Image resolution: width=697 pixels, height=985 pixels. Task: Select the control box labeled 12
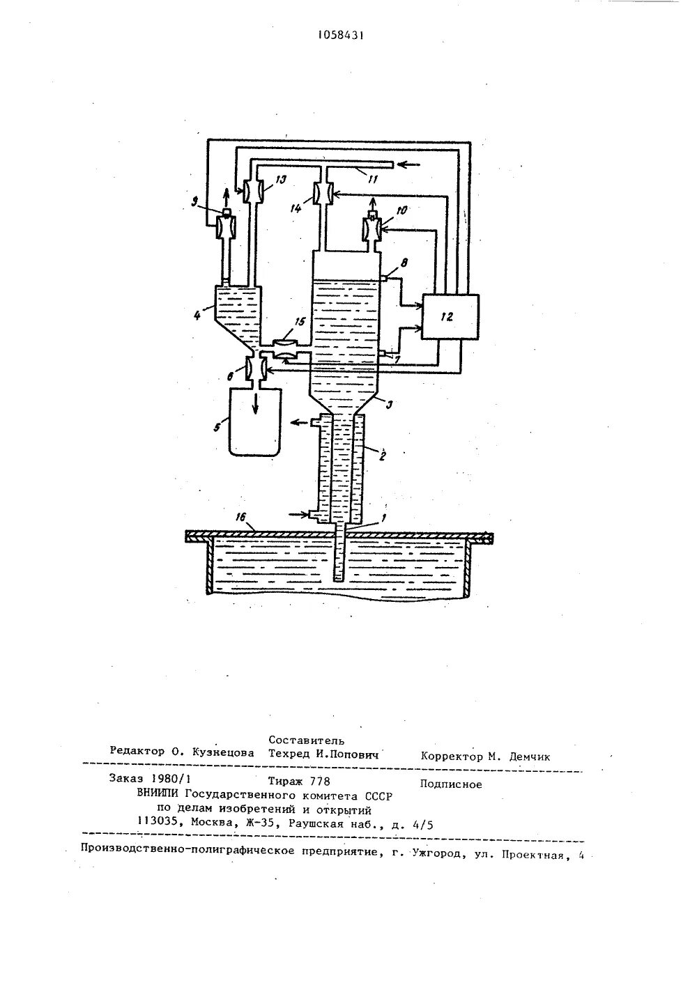click(x=450, y=316)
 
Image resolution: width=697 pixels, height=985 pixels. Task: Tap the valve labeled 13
click(x=253, y=189)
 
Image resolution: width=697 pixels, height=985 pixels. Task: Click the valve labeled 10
click(x=371, y=230)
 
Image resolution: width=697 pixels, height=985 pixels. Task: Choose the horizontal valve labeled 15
click(x=283, y=349)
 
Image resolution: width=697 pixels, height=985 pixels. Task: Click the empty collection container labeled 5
click(x=256, y=422)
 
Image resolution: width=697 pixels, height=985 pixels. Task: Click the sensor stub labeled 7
click(x=383, y=356)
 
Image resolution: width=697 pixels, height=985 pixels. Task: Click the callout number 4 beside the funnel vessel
click(x=198, y=315)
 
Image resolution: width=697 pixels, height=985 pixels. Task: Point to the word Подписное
click(x=451, y=784)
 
